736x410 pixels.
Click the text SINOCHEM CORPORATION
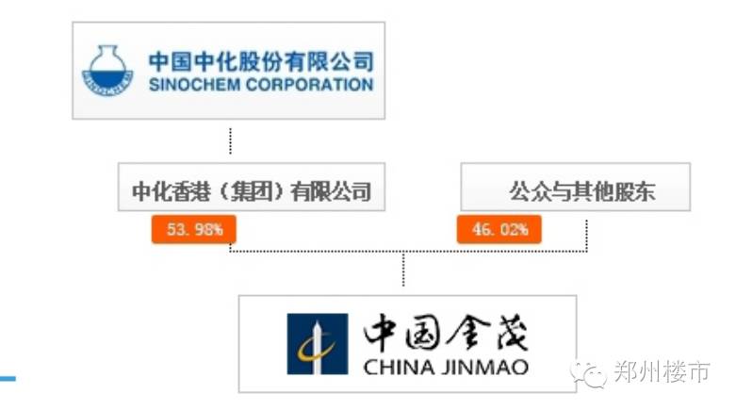tap(260, 85)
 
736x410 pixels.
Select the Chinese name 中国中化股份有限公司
tap(260, 62)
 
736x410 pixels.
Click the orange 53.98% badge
tap(193, 229)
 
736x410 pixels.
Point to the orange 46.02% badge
tap(499, 229)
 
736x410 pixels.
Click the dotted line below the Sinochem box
tap(230, 139)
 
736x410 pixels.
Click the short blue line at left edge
tap(8, 379)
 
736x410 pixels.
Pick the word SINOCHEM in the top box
tap(193, 85)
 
